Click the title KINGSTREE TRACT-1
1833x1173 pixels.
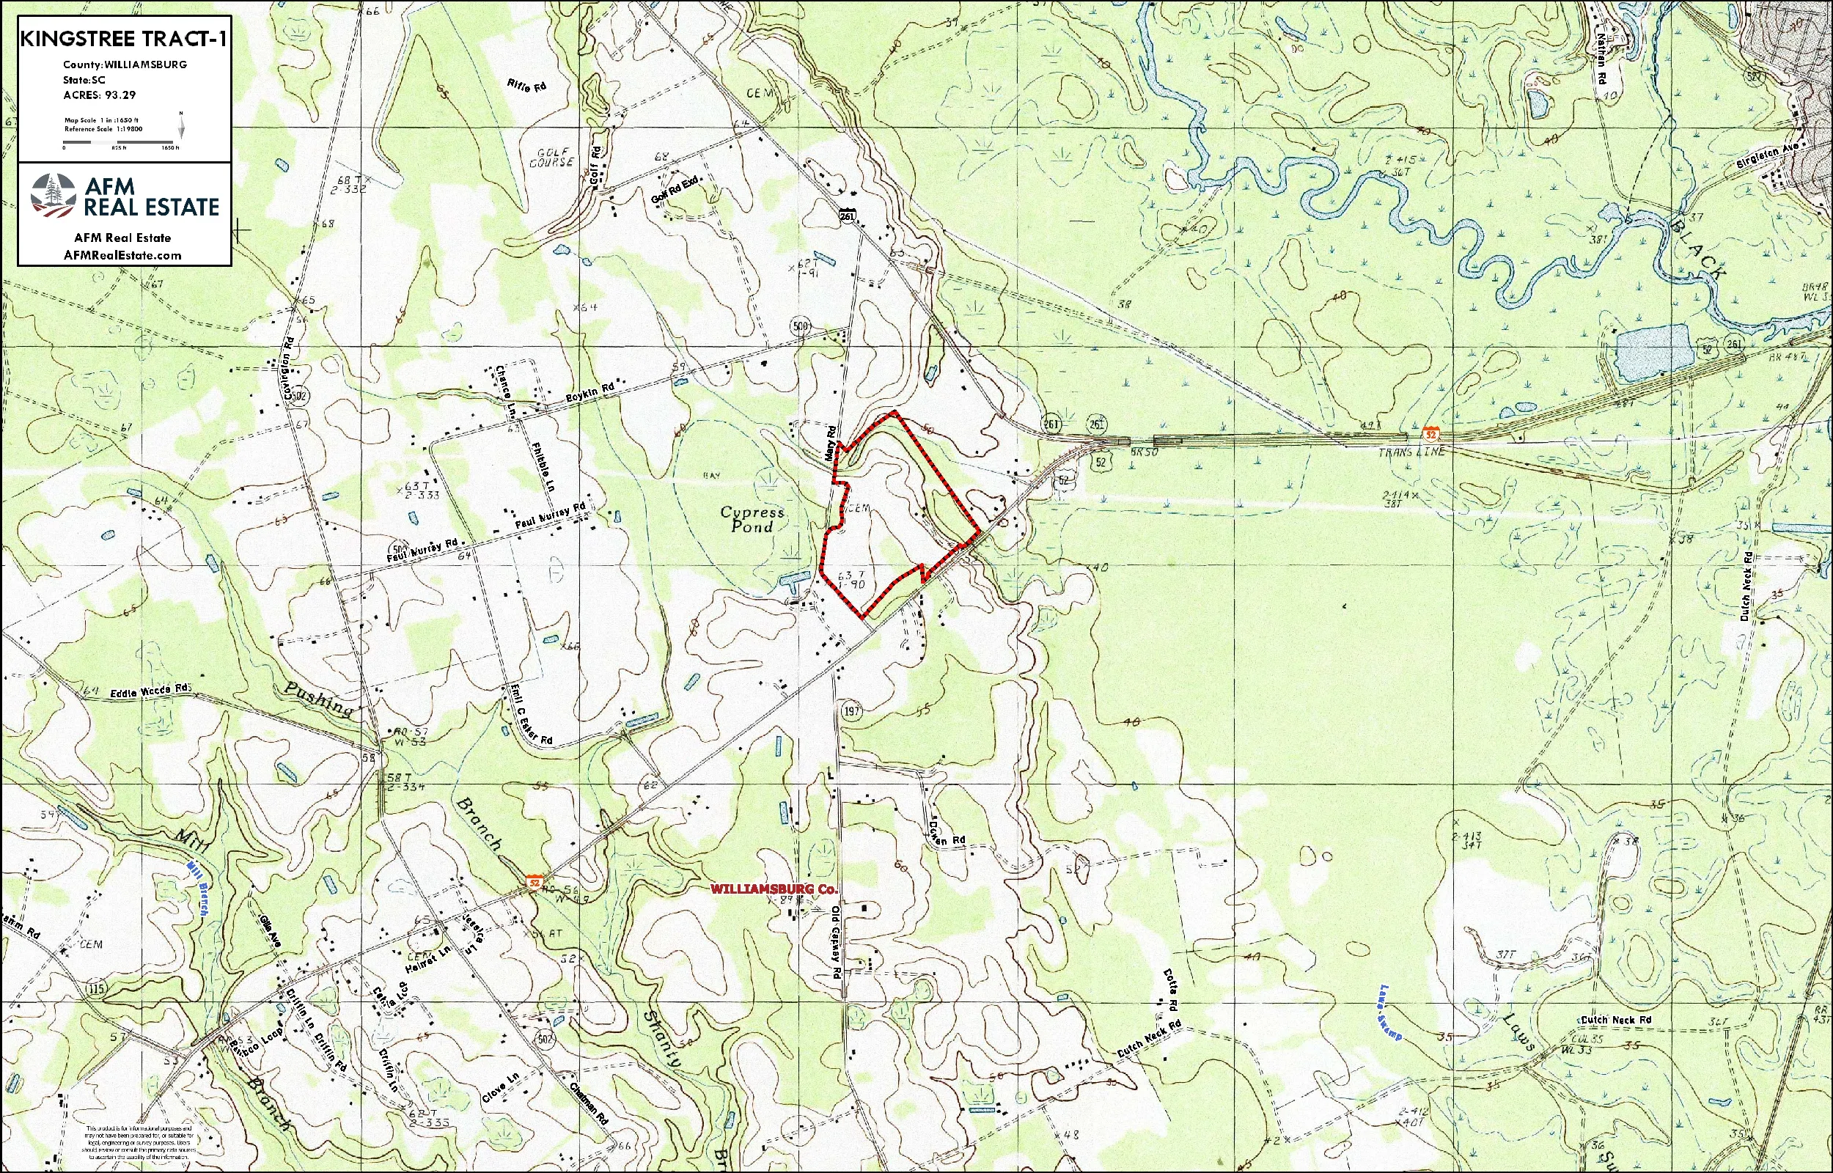[x=123, y=39]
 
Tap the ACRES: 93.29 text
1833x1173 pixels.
[x=100, y=95]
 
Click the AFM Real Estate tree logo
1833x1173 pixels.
[x=54, y=195]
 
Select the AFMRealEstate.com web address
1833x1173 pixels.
[x=122, y=255]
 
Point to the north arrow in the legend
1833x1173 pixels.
[x=181, y=126]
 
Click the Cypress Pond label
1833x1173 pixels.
[x=752, y=519]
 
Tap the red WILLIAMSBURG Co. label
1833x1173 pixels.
[x=774, y=889]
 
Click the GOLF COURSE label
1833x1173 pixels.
[x=552, y=158]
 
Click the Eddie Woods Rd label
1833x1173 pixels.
[x=150, y=692]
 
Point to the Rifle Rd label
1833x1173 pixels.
[x=526, y=85]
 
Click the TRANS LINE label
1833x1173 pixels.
[x=1411, y=452]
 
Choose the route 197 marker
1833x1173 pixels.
[x=852, y=711]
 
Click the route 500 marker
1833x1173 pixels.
[x=801, y=328]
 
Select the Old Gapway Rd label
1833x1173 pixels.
[x=836, y=952]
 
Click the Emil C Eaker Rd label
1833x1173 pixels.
[x=531, y=714]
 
